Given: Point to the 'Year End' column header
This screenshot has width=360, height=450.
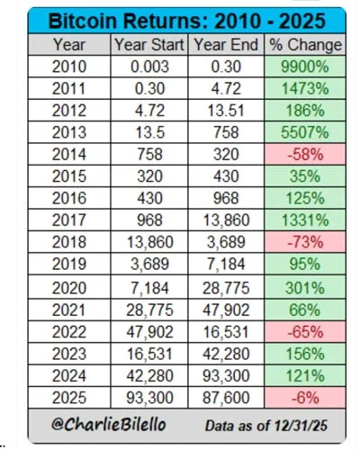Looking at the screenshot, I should click(226, 44).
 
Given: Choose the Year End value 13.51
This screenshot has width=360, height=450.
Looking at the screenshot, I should click(226, 112).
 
